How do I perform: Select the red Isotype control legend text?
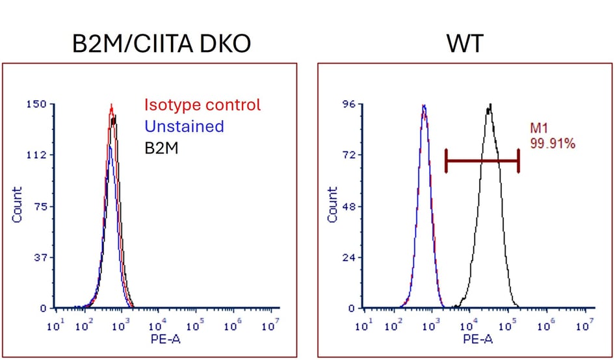click(x=202, y=105)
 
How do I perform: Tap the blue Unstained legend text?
click(x=184, y=126)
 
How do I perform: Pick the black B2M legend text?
click(x=161, y=149)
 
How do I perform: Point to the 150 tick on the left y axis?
click(x=38, y=104)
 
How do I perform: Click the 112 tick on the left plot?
click(x=38, y=155)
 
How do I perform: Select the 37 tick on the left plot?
click(x=41, y=257)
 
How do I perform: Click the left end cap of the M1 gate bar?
click(x=446, y=161)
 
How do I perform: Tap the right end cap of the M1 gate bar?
click(x=519, y=161)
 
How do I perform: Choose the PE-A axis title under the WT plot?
click(x=478, y=339)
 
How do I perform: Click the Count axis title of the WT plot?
click(x=332, y=205)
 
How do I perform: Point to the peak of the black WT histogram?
click(x=489, y=105)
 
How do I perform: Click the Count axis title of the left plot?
click(x=17, y=205)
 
